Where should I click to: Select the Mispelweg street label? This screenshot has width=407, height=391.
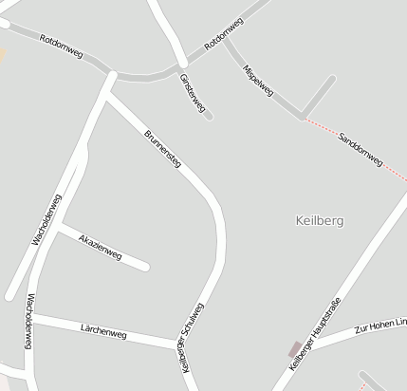coord(258,81)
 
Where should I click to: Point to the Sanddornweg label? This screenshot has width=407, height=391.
coord(360,150)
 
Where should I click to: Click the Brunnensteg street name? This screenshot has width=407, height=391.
coord(163,148)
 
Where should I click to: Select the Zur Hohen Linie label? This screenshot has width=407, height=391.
coord(379,326)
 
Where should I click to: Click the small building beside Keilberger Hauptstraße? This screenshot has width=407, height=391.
coord(295,349)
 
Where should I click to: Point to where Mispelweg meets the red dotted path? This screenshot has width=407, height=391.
coord(303,117)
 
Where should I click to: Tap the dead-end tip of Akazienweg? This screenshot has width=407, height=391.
coord(146,267)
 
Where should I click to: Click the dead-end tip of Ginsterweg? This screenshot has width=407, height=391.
coord(209,117)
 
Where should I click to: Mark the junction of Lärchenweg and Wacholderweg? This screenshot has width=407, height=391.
coord(31,318)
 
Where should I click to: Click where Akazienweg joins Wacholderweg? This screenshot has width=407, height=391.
coord(59,227)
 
